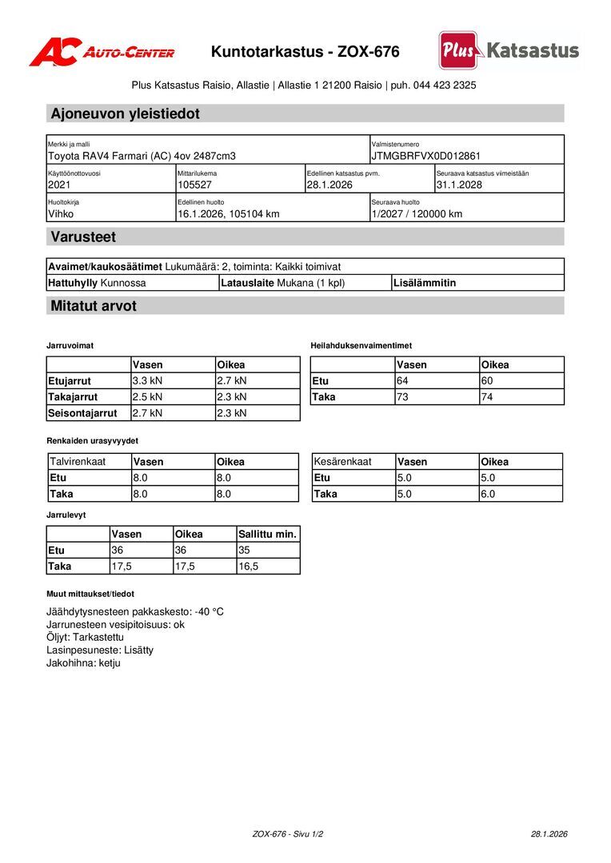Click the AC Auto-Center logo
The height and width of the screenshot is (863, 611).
(x=102, y=52)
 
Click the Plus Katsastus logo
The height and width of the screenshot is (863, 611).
(x=509, y=50)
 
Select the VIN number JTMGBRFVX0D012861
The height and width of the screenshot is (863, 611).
(x=425, y=156)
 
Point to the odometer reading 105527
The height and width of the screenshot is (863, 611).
(x=194, y=185)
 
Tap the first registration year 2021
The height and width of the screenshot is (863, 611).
(x=59, y=185)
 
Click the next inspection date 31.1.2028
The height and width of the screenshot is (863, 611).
(x=459, y=185)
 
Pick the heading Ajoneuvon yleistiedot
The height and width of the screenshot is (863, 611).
(x=125, y=113)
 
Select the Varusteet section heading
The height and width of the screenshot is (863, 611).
(x=83, y=237)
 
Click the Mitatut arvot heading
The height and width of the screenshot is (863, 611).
(x=94, y=306)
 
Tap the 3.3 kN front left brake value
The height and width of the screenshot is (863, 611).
(x=147, y=380)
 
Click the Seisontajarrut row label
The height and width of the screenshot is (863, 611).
(x=82, y=413)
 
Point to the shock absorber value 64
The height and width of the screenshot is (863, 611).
(x=402, y=380)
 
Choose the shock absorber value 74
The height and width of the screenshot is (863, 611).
(x=487, y=396)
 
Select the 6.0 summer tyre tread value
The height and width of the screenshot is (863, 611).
(x=488, y=494)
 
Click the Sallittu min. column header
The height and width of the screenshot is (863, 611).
(x=268, y=534)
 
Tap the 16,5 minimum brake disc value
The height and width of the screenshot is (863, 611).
(x=249, y=566)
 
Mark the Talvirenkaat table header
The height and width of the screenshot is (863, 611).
(x=78, y=461)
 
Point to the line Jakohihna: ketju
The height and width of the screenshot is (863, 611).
(x=83, y=662)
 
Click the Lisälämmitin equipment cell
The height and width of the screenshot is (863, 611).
(x=425, y=283)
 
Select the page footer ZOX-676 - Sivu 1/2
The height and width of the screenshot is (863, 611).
(x=288, y=833)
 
